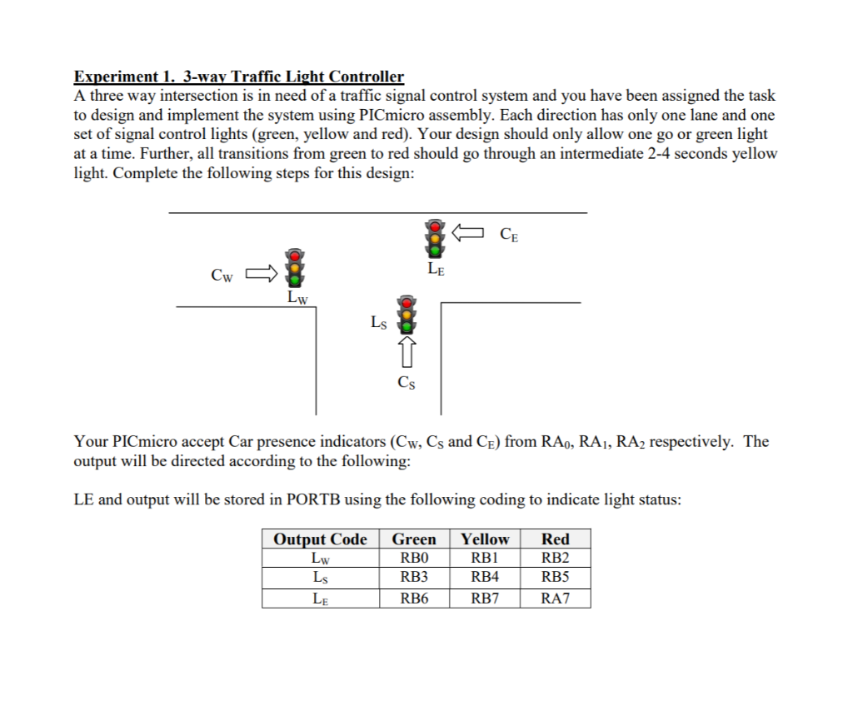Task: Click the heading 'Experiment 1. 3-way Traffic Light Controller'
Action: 239,77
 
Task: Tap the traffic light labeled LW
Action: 292,267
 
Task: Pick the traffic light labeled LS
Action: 407,314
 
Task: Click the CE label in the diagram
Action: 509,235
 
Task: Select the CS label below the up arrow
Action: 407,383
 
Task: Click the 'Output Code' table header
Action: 321,539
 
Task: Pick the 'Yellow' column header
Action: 485,539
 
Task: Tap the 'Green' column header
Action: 414,539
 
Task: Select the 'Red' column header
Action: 555,539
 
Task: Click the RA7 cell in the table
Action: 555,598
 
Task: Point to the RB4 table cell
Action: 485,577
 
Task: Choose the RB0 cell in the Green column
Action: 414,558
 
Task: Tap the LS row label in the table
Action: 320,577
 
